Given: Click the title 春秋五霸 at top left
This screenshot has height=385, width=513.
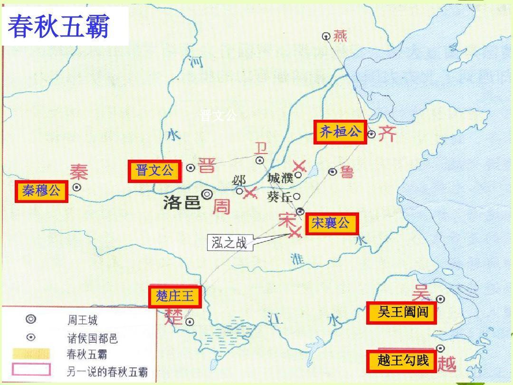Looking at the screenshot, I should [59, 26].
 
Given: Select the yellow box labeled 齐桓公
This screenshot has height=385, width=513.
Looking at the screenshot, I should [340, 132].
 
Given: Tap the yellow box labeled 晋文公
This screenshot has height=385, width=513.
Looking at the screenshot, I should [155, 171].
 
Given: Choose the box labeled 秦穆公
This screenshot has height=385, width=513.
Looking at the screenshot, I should [41, 191].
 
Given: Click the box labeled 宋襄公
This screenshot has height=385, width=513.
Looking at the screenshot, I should [331, 223].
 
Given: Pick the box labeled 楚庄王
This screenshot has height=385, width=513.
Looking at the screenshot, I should [175, 297].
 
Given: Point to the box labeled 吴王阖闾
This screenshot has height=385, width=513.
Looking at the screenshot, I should [402, 312].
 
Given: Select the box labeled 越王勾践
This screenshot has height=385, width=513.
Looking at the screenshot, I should [402, 361].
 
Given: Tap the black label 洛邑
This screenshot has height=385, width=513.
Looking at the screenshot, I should [181, 203].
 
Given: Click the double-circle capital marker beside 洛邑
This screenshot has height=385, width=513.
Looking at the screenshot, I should [207, 194].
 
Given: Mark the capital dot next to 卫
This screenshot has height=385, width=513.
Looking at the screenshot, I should [260, 161].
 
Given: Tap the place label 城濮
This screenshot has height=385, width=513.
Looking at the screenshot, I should [280, 178].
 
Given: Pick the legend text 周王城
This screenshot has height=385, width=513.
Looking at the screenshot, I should [82, 320].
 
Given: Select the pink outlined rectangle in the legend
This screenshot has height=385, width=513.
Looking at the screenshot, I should [31, 369].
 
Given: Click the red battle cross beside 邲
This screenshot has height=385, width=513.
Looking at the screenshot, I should [250, 192].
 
